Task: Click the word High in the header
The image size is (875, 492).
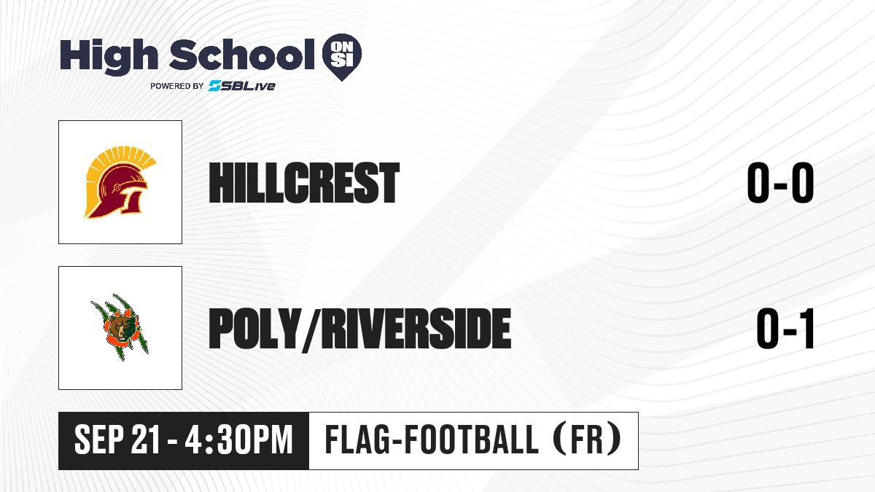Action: point(109,57)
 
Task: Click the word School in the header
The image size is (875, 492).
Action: point(242,55)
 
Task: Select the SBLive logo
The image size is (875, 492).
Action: point(242,85)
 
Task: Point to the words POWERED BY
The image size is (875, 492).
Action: point(177,86)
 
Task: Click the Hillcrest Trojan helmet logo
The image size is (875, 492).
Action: point(121,182)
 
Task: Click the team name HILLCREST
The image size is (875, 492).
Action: point(304,183)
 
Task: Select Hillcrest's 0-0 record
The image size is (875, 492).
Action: point(780,183)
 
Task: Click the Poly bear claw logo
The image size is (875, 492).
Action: point(120,327)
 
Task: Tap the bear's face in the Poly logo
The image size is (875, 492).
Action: point(122,327)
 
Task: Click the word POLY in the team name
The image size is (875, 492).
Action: point(255,328)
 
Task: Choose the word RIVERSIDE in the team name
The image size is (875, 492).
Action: point(416,328)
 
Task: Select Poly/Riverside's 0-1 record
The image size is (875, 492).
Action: point(785,329)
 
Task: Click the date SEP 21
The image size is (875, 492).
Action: point(117,440)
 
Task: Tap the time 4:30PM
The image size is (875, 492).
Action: point(239,440)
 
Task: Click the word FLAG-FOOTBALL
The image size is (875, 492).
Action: point(432,440)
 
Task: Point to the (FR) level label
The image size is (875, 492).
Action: point(587,440)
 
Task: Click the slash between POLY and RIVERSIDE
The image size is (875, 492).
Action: point(311,330)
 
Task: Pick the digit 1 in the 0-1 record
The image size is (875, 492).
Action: point(806,329)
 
